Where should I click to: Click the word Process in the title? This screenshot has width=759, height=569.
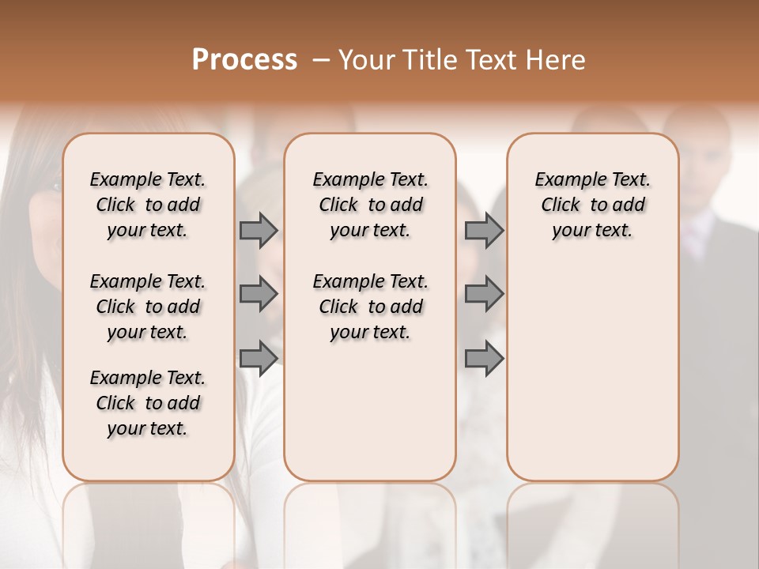[244, 60]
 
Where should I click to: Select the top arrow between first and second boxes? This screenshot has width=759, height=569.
[259, 230]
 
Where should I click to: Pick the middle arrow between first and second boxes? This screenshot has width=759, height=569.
[259, 294]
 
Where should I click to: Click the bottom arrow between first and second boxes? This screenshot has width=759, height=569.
[259, 358]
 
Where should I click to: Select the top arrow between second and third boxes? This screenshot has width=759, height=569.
[484, 230]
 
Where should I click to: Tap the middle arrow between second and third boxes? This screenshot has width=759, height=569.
[484, 294]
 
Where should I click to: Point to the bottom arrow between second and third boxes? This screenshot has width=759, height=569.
[484, 358]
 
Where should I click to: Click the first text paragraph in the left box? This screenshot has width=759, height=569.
[148, 205]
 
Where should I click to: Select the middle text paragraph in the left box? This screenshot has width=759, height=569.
[148, 307]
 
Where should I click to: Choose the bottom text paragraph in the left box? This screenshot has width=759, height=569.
[148, 403]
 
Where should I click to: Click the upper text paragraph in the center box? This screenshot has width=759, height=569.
[370, 205]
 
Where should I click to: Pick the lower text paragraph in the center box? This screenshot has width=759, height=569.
[370, 307]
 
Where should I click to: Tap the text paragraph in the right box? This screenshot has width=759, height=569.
[592, 205]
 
